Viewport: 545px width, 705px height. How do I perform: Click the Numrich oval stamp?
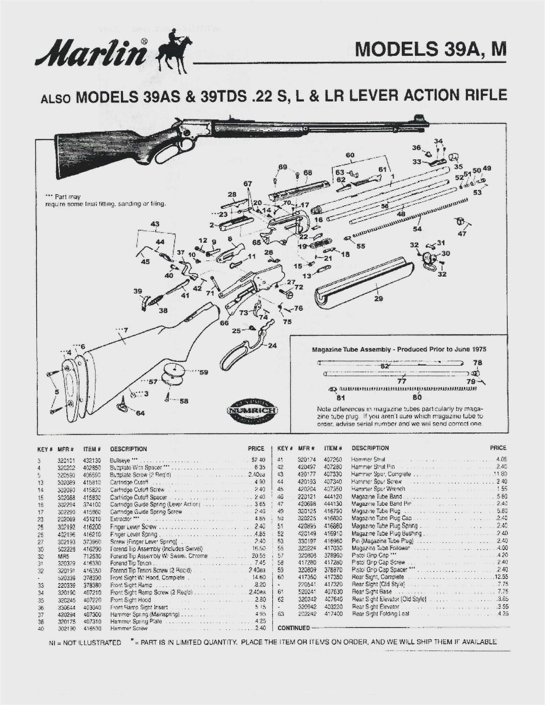pos(252,410)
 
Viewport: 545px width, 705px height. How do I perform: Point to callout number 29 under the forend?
pos(378,299)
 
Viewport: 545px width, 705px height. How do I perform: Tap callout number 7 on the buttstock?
pos(126,330)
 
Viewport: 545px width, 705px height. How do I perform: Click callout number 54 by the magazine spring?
pos(417,229)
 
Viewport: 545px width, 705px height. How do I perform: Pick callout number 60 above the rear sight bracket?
pos(350,155)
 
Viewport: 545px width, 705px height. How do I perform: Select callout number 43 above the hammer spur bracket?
pos(155,224)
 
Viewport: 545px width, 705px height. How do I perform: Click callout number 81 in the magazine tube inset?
pos(341,397)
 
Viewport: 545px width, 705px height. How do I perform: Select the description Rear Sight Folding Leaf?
pos(380,614)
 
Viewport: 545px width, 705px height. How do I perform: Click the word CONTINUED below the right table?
pos(294,628)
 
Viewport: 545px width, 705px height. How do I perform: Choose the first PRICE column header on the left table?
pos(256,449)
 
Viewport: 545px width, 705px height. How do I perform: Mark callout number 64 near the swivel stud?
pos(140,413)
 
